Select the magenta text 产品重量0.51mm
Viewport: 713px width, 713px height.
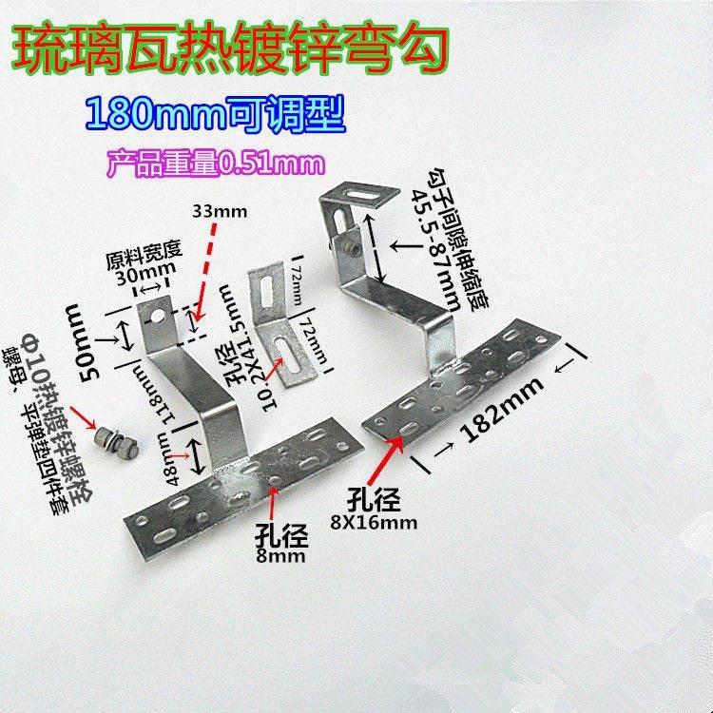click(x=216, y=163)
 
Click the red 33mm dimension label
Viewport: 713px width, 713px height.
click(x=218, y=208)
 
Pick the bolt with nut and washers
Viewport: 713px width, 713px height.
click(x=110, y=441)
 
